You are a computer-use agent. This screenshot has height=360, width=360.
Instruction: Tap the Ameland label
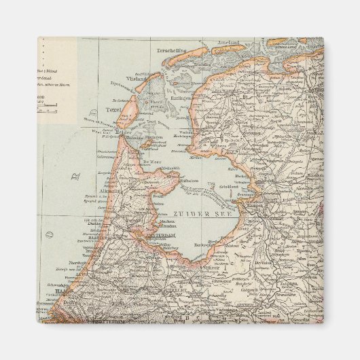click(x=229, y=43)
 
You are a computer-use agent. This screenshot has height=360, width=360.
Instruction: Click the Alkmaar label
click(x=110, y=192)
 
